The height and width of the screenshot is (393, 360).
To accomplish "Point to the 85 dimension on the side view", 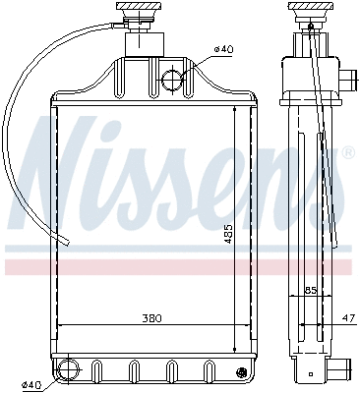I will coord(310,290).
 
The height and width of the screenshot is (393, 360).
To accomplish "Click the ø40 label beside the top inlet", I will coord(223,50).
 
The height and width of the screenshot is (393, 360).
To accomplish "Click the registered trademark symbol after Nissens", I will coord(347,152).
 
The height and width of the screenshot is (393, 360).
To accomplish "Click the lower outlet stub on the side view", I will coord(341,371).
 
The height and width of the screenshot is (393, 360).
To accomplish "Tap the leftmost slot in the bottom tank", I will coord(96,371).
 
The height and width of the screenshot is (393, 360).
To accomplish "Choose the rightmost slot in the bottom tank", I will coord(208,371).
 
